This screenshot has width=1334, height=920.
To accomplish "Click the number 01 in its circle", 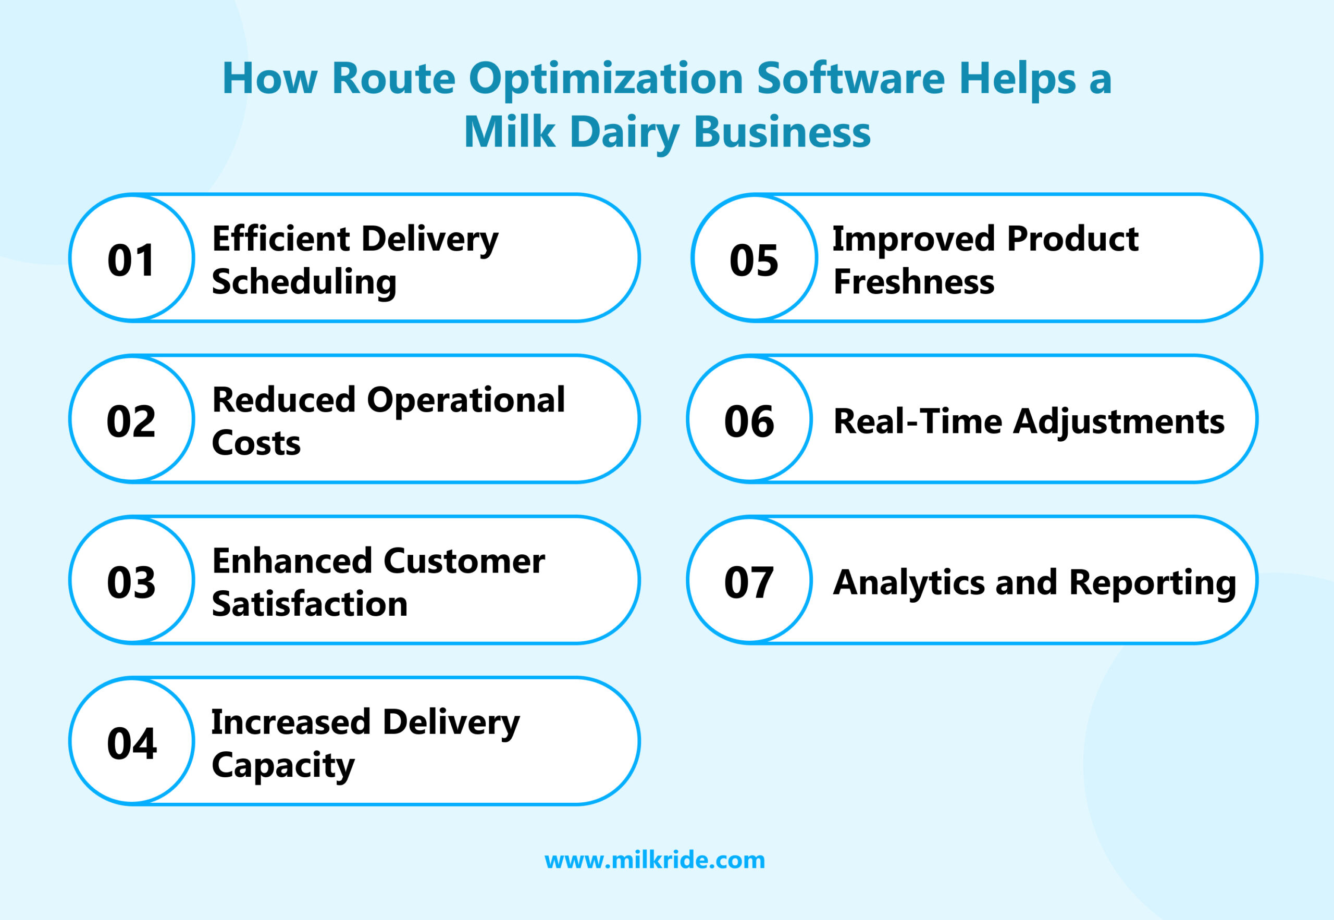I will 131,260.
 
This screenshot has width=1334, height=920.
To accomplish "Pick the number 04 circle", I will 131,743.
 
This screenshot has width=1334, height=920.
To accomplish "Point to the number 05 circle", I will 754,260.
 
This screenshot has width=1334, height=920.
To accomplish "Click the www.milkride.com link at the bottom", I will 654,860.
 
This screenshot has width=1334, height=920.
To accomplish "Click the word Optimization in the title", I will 606,80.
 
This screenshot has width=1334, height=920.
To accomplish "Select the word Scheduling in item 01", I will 304,282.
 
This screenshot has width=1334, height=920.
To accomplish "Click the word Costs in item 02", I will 256,443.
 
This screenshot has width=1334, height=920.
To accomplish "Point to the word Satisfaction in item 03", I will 310,604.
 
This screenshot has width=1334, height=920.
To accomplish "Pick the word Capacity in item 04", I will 283,765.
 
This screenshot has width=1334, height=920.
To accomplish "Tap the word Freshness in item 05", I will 914,282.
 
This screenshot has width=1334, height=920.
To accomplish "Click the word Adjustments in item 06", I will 1118,421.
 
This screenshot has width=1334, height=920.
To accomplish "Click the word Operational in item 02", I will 466,400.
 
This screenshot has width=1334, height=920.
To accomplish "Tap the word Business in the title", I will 782,132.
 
